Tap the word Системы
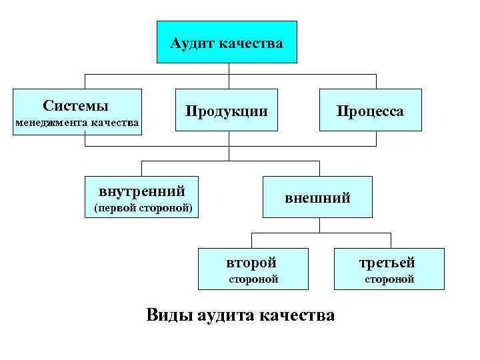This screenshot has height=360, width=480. pos(76,106)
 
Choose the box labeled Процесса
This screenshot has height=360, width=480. pos(370,111)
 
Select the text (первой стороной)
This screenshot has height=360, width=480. pos(143,208)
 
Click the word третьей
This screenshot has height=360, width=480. pos(389,262)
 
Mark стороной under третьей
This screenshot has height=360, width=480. pos(389,279)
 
